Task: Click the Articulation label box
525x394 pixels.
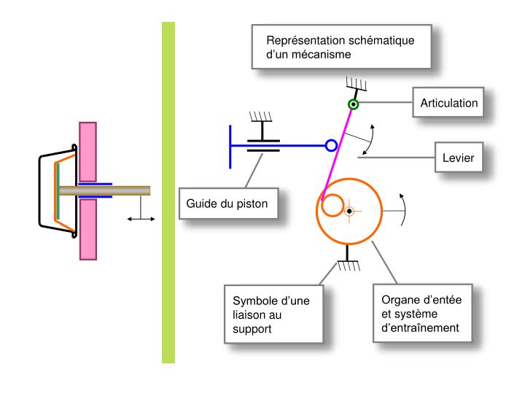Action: click(x=449, y=103)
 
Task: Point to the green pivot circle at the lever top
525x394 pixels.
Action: click(x=353, y=104)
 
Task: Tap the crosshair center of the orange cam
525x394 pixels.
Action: click(x=350, y=211)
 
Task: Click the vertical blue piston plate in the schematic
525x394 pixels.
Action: click(x=231, y=145)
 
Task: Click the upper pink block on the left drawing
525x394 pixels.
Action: click(x=87, y=152)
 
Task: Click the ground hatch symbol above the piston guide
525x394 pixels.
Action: click(x=260, y=117)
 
